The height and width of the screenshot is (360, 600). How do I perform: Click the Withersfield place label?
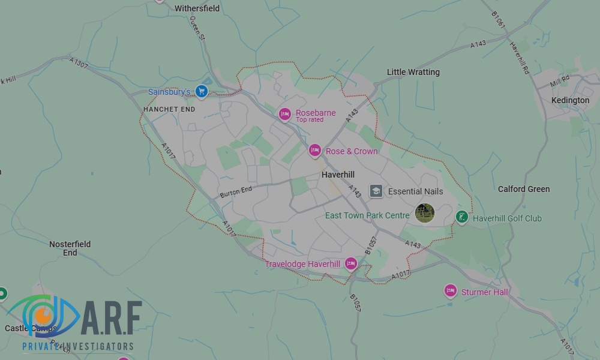pyautogui.click(x=197, y=8)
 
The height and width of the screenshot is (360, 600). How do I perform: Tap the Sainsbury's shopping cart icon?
pyautogui.click(x=202, y=92)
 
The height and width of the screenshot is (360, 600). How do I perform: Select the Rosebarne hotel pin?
pyautogui.click(x=285, y=114)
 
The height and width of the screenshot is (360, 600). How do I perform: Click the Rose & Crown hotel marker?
pyautogui.click(x=315, y=151)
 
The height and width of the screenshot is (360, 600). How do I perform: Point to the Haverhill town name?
pyautogui.click(x=338, y=175)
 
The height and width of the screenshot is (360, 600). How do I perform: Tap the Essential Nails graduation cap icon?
pyautogui.click(x=376, y=191)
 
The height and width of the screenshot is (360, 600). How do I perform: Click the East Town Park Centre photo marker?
pyautogui.click(x=425, y=213)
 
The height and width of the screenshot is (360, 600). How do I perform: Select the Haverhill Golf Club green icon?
pyautogui.click(x=461, y=217)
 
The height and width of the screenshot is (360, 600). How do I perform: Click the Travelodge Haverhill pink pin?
pyautogui.click(x=351, y=264)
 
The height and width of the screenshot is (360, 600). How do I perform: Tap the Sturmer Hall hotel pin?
pyautogui.click(x=451, y=291)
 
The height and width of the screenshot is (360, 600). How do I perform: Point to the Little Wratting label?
pyautogui.click(x=413, y=72)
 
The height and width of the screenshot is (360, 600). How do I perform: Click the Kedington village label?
pyautogui.click(x=571, y=100)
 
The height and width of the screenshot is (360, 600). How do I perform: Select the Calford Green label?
pyautogui.click(x=524, y=189)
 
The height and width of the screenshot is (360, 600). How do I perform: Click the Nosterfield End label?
pyautogui.click(x=70, y=248)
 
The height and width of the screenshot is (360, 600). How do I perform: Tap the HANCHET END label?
pyautogui.click(x=169, y=110)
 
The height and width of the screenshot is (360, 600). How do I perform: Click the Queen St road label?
pyautogui.click(x=197, y=28)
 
